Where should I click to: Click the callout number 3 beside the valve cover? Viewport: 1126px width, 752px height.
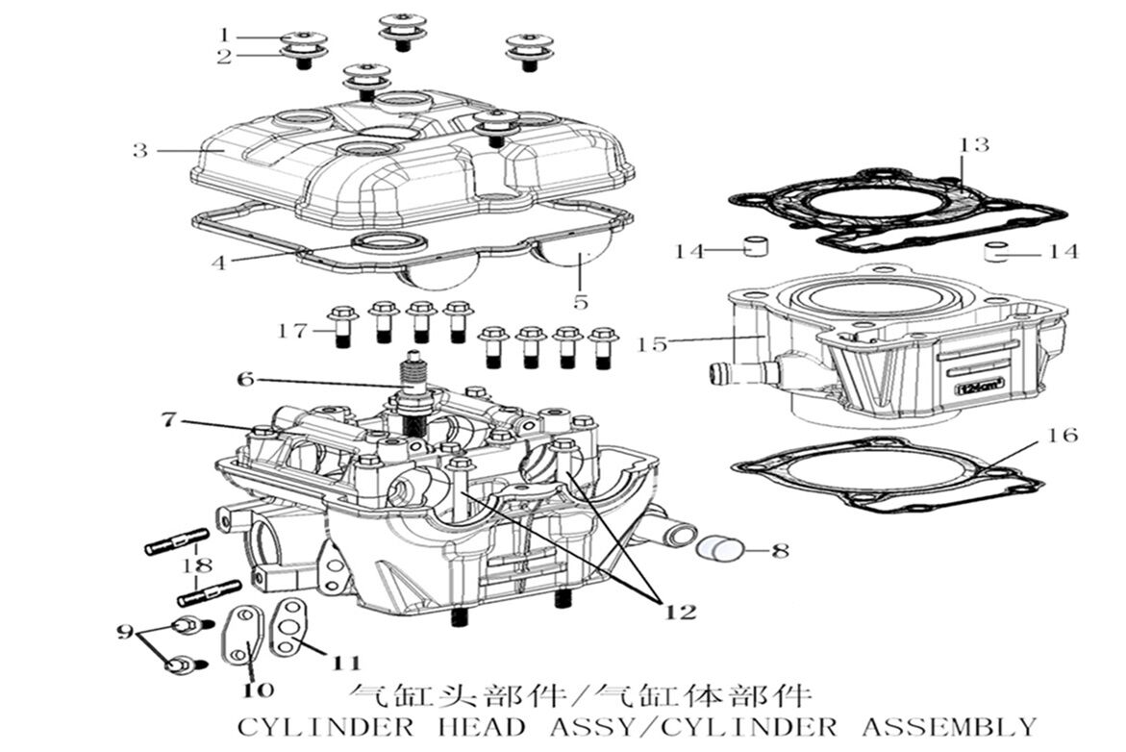(140, 151)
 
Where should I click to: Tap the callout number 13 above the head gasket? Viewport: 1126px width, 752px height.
(974, 145)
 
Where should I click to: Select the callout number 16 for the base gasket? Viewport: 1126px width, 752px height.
(1063, 435)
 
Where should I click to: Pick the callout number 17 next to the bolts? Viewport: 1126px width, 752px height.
(292, 331)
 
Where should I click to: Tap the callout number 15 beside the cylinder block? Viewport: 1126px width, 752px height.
(653, 343)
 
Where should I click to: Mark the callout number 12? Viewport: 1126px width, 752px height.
(679, 611)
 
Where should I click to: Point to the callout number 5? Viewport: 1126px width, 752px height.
(581, 301)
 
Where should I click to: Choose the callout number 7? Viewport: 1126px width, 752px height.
(169, 419)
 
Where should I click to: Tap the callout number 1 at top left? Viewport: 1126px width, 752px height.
(223, 36)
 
